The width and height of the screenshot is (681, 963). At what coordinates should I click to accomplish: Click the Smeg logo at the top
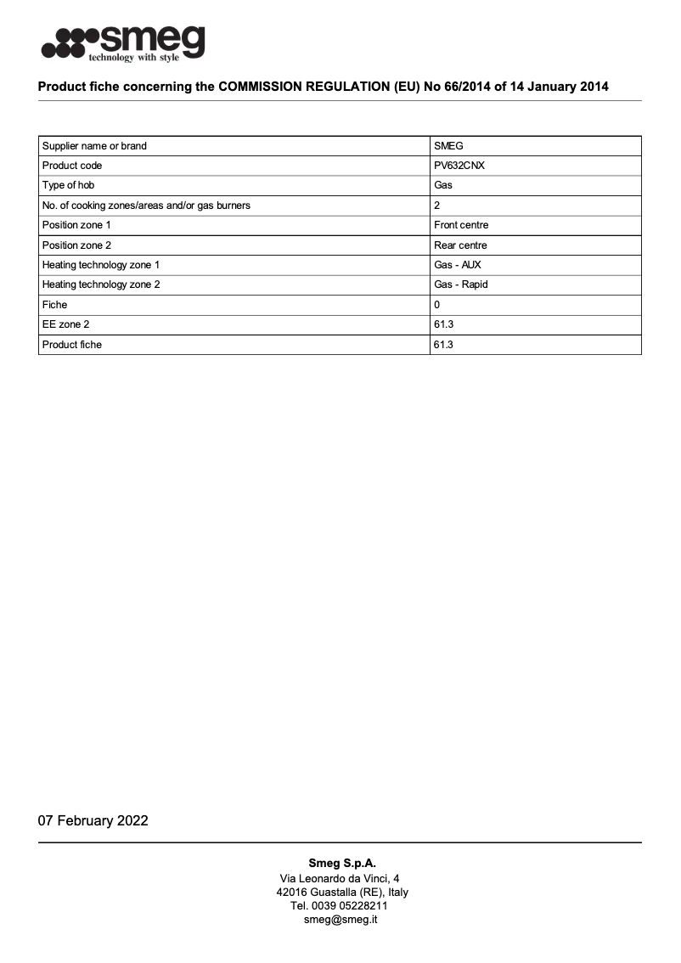[x=123, y=42]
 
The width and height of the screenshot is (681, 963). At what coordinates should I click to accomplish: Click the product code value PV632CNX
[x=459, y=166]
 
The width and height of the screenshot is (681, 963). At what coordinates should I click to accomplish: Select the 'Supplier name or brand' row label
[x=94, y=146]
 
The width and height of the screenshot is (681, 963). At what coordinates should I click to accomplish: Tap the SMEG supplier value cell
[x=448, y=146]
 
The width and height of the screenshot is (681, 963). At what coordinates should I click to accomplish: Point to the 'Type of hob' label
[x=72, y=185]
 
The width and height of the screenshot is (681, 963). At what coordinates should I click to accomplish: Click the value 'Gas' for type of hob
[x=442, y=185]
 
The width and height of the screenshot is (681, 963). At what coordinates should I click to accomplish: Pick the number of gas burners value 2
[x=436, y=206]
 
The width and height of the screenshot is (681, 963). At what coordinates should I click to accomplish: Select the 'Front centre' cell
[x=460, y=225]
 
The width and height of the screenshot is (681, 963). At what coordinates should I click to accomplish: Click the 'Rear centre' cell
[x=460, y=245]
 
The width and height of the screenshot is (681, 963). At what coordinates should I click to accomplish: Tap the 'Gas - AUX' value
[x=457, y=265]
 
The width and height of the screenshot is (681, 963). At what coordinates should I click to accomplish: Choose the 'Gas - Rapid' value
[x=460, y=284]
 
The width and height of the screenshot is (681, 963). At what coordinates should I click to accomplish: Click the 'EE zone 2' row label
[x=65, y=324]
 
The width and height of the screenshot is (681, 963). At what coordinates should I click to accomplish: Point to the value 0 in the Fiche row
[x=436, y=304]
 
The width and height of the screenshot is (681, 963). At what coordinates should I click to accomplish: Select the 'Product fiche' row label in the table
[x=71, y=345]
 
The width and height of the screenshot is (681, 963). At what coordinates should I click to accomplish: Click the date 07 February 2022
[x=93, y=820]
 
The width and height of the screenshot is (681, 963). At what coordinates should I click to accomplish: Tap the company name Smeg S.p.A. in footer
[x=341, y=863]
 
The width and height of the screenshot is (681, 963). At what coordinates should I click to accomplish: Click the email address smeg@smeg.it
[x=340, y=919]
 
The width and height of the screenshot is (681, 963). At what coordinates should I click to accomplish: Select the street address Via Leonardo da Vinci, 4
[x=340, y=877]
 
